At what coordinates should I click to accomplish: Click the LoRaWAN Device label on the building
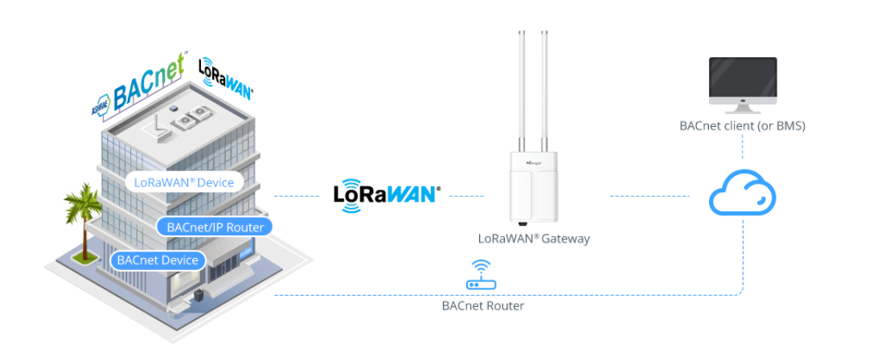[x=184, y=182]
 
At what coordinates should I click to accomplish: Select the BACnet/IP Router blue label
[x=215, y=227]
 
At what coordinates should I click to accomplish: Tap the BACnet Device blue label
[x=158, y=260]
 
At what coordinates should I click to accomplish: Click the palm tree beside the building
[x=82, y=213]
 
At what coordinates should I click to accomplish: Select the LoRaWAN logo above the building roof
[x=225, y=79]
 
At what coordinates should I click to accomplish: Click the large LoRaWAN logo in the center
[x=386, y=194]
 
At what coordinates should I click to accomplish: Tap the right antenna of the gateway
[x=545, y=88]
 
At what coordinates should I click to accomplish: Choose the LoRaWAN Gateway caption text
[x=534, y=239]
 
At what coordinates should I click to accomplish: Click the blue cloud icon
[x=742, y=194]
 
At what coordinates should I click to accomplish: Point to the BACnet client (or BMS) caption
[x=742, y=126]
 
